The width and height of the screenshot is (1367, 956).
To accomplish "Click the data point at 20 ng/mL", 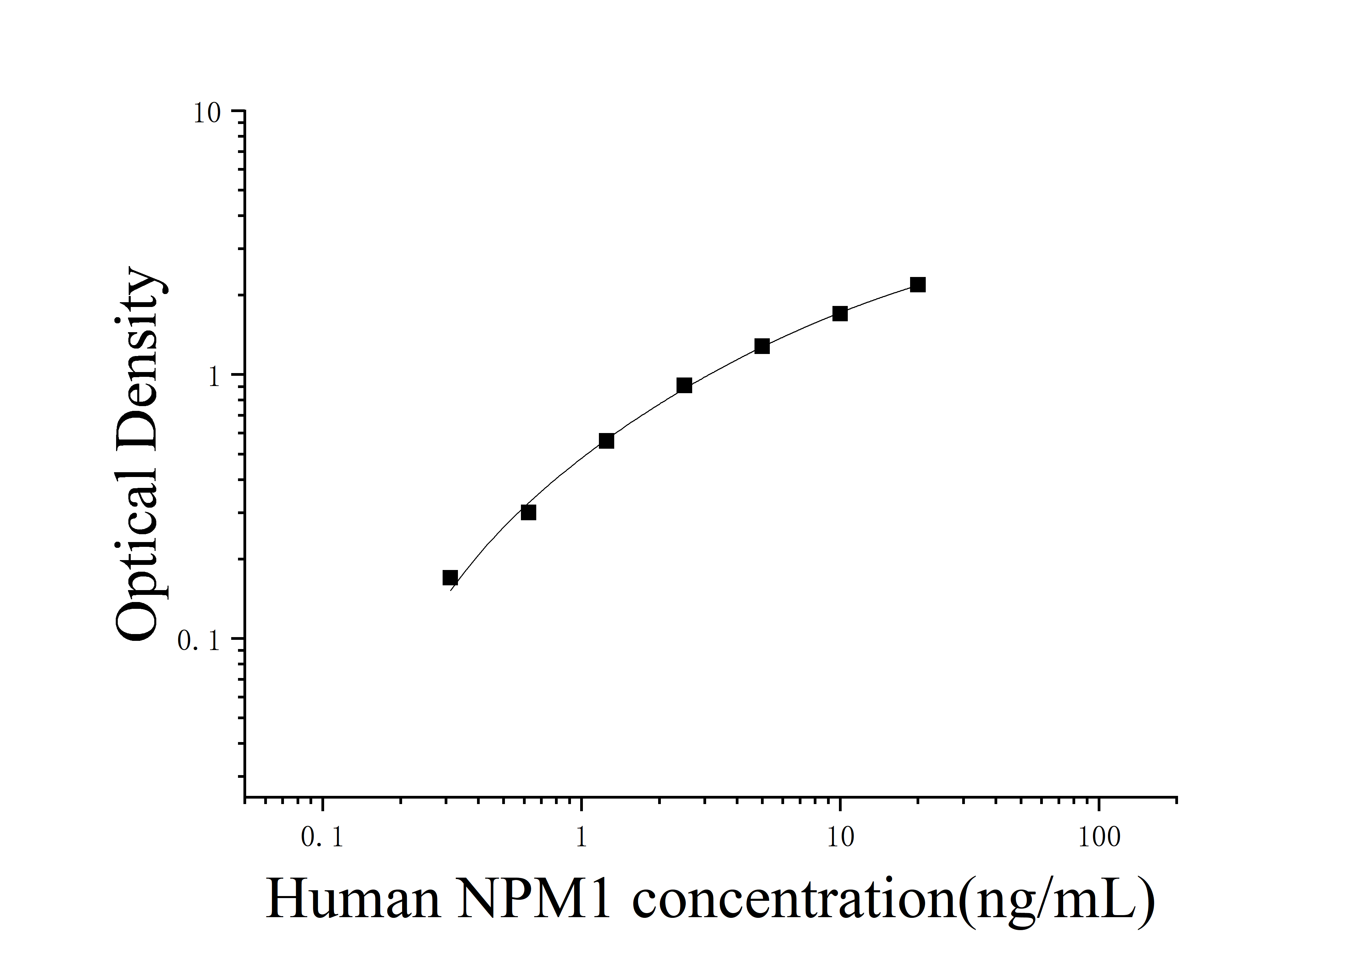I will (x=918, y=285).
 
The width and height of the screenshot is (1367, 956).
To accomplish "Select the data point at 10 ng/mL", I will (x=840, y=313).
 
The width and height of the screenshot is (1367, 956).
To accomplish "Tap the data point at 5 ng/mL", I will (x=762, y=346).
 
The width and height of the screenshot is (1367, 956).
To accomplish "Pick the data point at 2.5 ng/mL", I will (x=684, y=385).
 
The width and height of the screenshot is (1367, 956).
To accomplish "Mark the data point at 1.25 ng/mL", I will (x=606, y=441).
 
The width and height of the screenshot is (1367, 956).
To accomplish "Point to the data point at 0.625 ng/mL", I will (x=528, y=512).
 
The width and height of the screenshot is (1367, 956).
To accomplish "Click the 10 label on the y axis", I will (x=207, y=113).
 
